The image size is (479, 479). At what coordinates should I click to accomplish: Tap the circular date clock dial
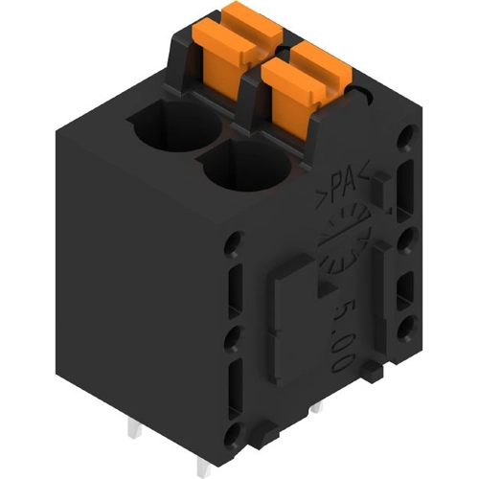coord(345,238)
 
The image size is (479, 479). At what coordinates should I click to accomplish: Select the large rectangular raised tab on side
coord(294,319)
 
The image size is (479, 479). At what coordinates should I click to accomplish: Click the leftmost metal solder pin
coord(135,428)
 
